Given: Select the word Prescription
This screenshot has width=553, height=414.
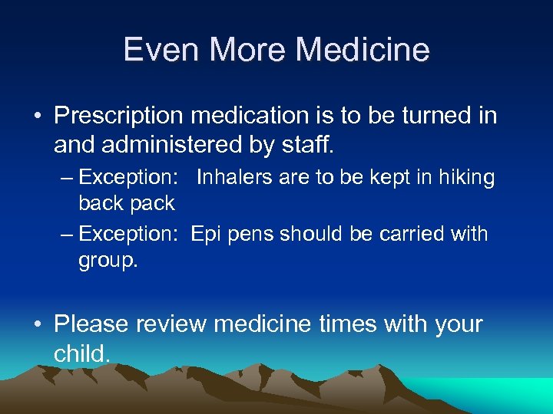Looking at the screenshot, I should tap(118, 117).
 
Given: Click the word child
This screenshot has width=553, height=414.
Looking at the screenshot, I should tap(82, 353).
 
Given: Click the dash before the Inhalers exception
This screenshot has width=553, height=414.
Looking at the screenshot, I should tap(66, 179).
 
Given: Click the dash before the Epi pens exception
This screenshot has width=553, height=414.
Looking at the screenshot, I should tap(66, 234).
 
